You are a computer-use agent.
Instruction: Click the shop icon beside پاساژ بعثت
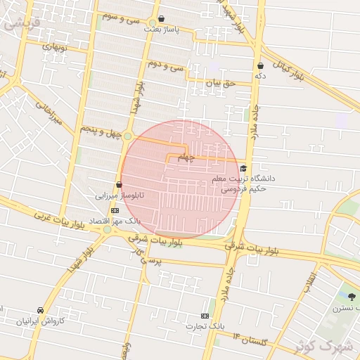(162, 19)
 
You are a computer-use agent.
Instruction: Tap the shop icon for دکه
(260, 66)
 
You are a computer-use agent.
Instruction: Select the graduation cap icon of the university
(243, 168)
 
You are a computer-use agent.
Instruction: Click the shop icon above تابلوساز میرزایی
(119, 185)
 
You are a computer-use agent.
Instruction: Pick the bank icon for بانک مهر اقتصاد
(115, 210)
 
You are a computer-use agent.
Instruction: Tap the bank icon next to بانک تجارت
(205, 316)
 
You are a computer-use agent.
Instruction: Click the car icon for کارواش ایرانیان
(41, 310)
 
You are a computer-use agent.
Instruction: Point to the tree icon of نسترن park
(352, 297)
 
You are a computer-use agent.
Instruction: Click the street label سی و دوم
(166, 64)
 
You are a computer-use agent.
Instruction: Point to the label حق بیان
(218, 83)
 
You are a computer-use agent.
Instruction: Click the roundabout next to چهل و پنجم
(128, 136)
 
